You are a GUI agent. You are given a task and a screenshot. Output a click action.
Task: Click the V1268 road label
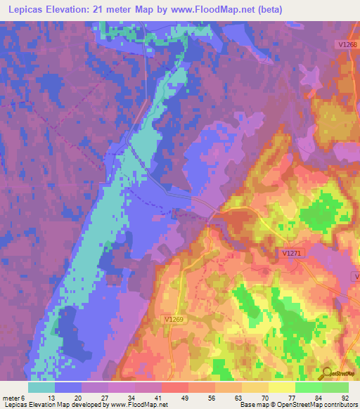click(344, 44)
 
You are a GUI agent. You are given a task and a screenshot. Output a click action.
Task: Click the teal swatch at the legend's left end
click(41, 387)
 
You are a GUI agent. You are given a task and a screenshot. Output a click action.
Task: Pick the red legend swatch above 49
click(175, 387)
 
